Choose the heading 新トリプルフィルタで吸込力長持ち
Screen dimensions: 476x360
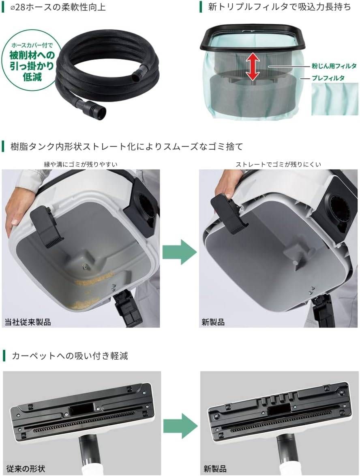coord(279,7)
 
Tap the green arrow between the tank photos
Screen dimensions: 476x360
coord(179,252)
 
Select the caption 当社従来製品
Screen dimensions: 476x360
coord(28,322)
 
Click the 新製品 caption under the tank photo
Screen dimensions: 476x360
coord(213,322)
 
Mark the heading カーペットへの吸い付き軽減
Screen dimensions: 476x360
coord(69,356)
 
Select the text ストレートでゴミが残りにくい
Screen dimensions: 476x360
coord(278,164)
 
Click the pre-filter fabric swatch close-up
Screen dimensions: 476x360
coord(334,99)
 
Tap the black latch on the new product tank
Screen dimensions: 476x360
coord(229,213)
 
